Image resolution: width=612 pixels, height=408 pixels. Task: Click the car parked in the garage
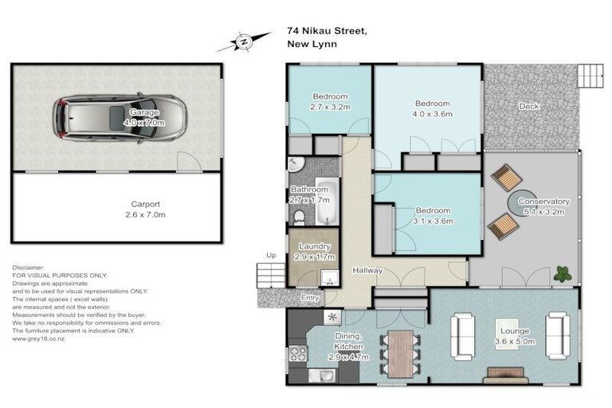click(x=120, y=119)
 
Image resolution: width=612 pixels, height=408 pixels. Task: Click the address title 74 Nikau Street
click(x=328, y=31)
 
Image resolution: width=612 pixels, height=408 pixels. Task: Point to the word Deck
click(x=528, y=107)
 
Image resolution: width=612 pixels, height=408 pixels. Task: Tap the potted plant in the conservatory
click(x=563, y=273)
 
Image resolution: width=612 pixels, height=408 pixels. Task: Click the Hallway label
click(x=367, y=271)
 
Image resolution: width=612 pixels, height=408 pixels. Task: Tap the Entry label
click(x=309, y=298)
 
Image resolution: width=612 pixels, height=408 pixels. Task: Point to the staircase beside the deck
click(x=592, y=75)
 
